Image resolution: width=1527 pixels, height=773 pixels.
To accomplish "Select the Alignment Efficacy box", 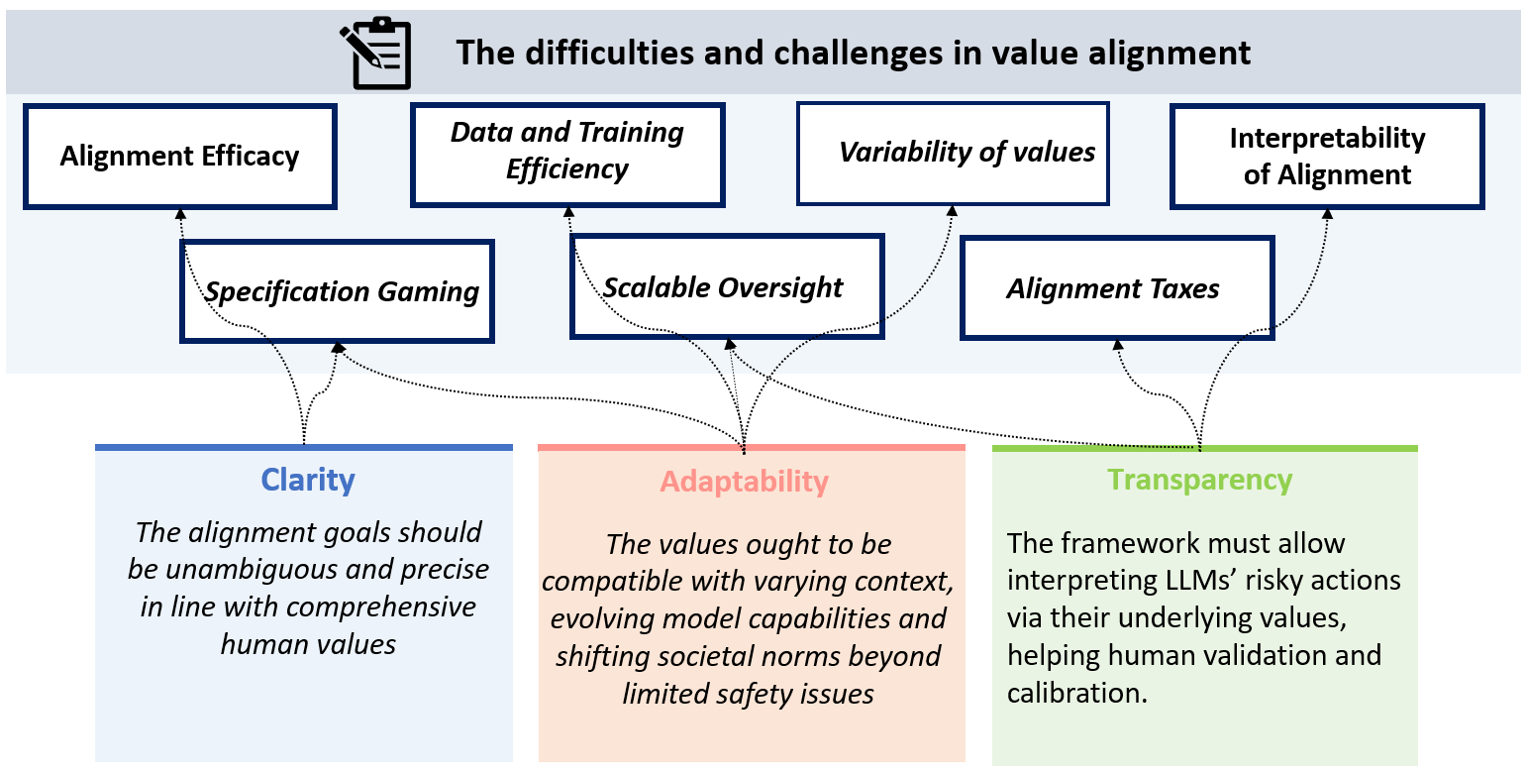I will (x=179, y=157).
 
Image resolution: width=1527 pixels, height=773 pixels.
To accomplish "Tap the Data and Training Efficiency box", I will (x=567, y=152).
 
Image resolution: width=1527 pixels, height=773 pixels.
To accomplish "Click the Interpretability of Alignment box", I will (x=1327, y=157).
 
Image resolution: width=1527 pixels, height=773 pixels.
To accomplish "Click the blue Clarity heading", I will (x=308, y=480).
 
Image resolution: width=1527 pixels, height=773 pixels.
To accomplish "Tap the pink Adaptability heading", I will (x=745, y=482).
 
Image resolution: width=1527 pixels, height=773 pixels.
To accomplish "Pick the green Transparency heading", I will (x=1200, y=480).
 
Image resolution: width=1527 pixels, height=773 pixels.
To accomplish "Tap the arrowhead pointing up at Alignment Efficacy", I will (x=180, y=211).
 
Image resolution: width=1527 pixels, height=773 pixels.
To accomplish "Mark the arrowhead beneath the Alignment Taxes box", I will (x=1118, y=345).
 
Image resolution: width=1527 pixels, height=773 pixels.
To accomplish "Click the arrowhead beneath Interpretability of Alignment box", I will (x=1327, y=211).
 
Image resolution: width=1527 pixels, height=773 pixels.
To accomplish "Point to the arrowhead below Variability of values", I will (x=953, y=209).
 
